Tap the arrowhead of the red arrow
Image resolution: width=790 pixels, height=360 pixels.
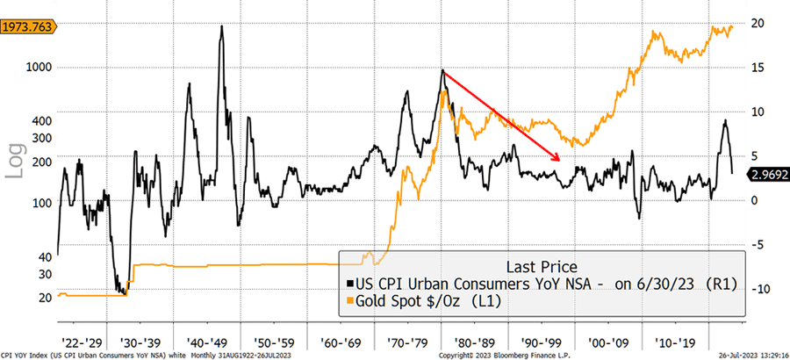[x=558, y=158]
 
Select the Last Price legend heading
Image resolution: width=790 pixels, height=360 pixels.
[x=542, y=266]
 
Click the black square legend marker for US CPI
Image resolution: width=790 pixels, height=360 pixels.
[x=350, y=284]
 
